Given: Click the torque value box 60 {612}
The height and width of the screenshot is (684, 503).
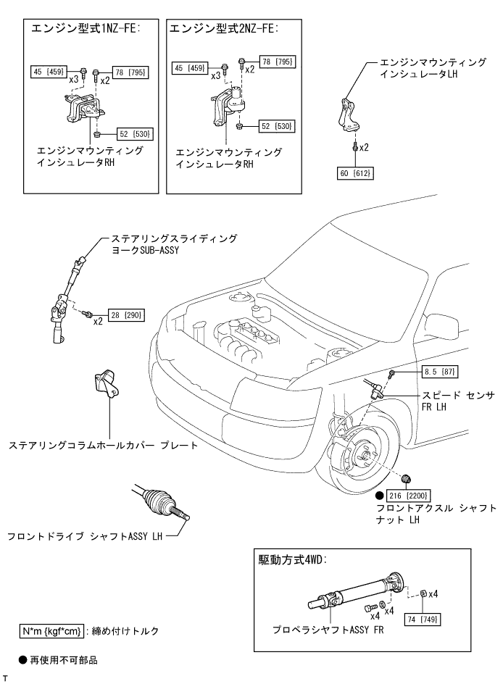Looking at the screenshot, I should tap(354, 174).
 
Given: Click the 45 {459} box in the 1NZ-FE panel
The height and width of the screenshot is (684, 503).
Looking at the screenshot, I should tap(49, 71).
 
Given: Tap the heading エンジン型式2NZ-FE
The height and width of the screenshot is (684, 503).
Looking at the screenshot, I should tap(224, 28).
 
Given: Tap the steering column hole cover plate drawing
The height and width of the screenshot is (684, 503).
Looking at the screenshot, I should tap(105, 383).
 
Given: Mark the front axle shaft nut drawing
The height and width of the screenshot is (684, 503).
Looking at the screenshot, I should tap(407, 477).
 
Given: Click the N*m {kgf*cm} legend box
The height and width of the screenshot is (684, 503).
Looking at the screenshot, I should tap(52, 630).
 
